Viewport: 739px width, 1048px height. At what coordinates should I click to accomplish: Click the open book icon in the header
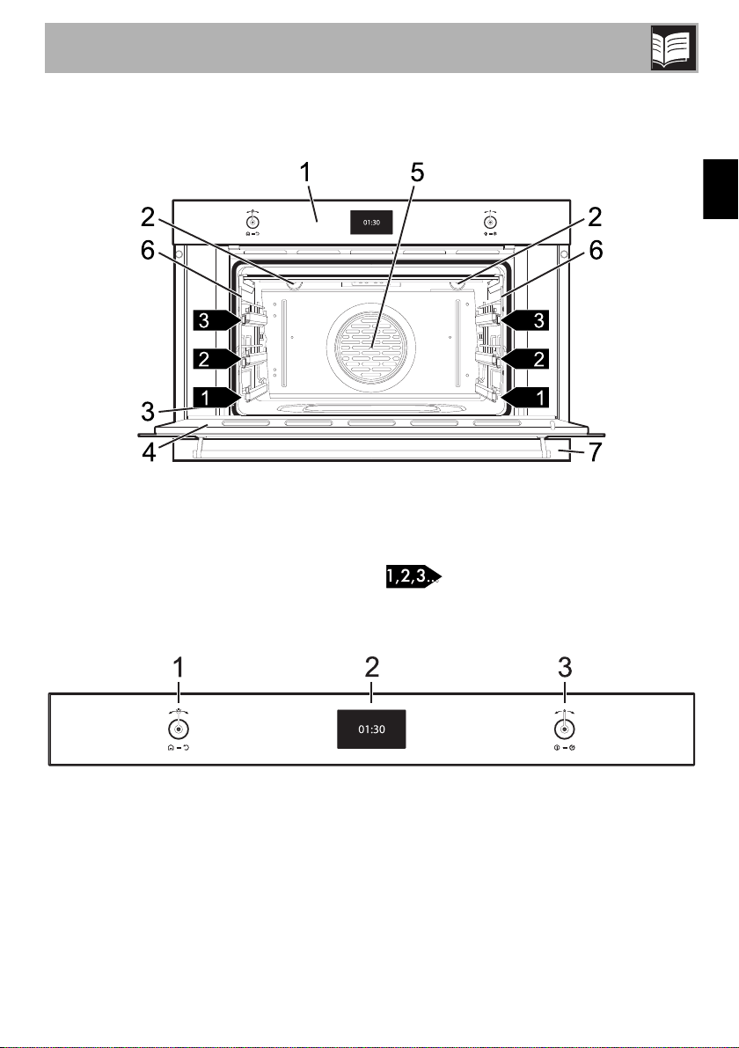(x=674, y=48)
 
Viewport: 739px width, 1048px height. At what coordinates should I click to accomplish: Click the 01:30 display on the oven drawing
(x=371, y=223)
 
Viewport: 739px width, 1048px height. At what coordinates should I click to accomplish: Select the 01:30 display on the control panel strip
(x=371, y=729)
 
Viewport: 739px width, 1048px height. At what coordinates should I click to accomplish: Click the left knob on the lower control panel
(x=178, y=729)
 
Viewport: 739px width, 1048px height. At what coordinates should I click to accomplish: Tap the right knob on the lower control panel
(x=565, y=729)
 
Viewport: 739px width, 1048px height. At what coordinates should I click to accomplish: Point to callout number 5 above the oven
(x=416, y=172)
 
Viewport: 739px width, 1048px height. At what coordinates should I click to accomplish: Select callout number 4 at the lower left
(x=149, y=451)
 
